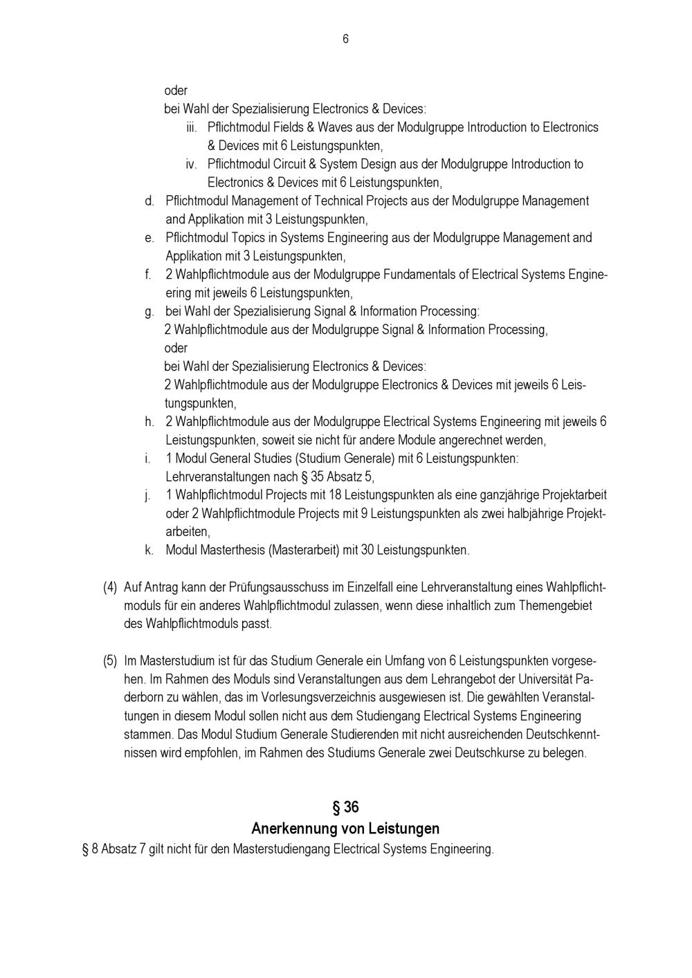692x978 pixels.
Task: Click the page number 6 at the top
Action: point(345,39)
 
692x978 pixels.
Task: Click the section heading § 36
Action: point(345,807)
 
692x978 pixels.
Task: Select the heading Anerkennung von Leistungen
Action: point(345,828)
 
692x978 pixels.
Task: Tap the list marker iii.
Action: point(192,128)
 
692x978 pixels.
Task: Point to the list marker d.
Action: point(149,201)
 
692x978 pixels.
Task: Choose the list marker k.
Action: point(149,551)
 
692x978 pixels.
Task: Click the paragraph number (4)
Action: point(110,588)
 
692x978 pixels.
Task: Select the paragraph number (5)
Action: point(110,661)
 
